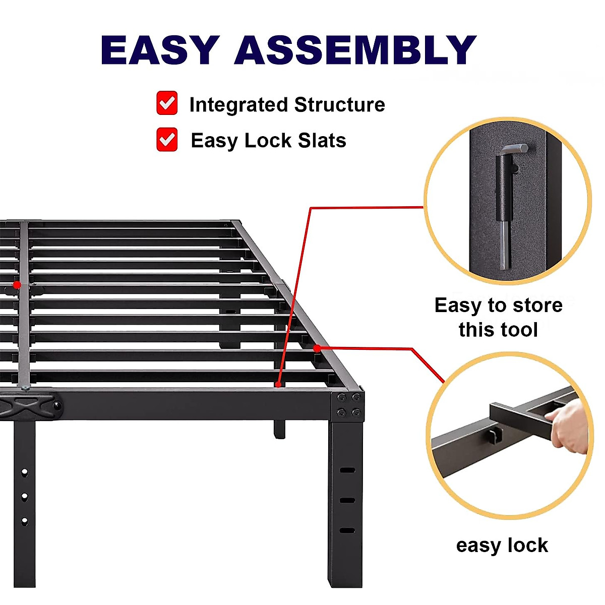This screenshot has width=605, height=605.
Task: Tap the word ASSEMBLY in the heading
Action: (x=355, y=50)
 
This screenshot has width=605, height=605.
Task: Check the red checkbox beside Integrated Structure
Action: (x=167, y=103)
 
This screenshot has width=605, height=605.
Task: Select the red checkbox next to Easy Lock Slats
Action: (x=167, y=140)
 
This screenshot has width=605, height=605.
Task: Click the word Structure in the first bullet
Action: (x=339, y=105)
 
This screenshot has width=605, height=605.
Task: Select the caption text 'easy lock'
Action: (x=502, y=546)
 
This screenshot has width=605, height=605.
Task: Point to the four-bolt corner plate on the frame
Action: (x=348, y=405)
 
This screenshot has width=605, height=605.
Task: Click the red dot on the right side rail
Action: (x=317, y=348)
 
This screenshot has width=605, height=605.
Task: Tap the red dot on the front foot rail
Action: (x=278, y=385)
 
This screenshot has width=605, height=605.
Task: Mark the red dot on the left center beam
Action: (x=17, y=285)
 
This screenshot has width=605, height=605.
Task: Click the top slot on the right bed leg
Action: (x=347, y=470)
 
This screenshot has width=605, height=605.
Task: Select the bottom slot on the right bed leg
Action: (x=347, y=530)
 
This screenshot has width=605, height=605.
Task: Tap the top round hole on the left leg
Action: (x=24, y=472)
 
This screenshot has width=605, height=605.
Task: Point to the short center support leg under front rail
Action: (x=279, y=429)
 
